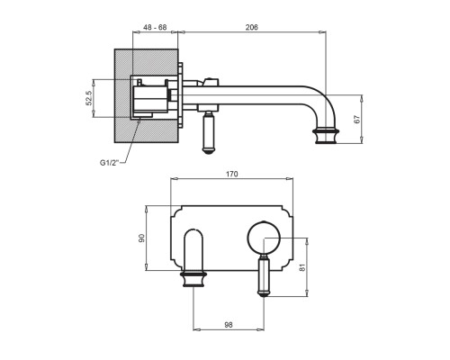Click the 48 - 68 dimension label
(155, 27)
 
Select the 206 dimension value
(252, 27)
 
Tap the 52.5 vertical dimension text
(89, 98)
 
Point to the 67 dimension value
(356, 119)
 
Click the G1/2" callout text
(109, 163)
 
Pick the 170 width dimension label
(232, 174)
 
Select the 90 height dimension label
(141, 238)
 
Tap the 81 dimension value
(302, 267)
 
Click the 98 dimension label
(229, 325)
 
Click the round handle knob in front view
(264, 238)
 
